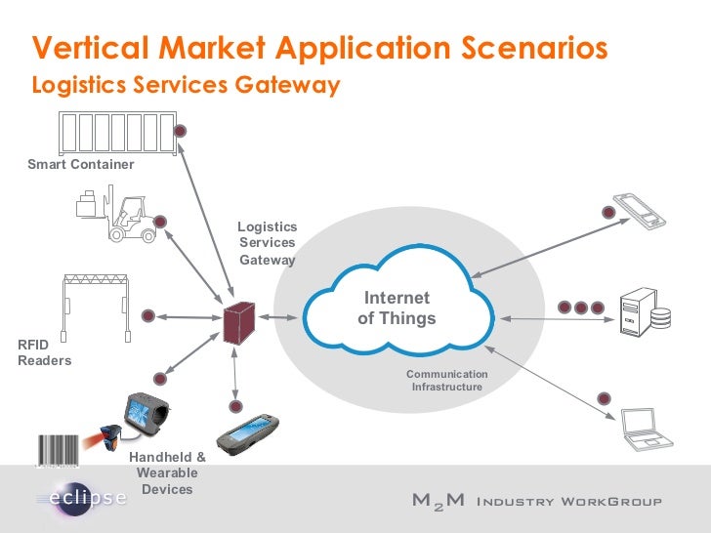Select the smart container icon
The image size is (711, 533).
pyautogui.click(x=116, y=132)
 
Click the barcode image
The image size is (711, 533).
pyautogui.click(x=60, y=450)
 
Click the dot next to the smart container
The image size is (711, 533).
pyautogui.click(x=181, y=131)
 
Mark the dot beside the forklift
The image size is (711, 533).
pyautogui.click(x=160, y=222)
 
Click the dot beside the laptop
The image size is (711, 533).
pyautogui.click(x=605, y=398)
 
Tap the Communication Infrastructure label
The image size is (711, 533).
pyautogui.click(x=446, y=381)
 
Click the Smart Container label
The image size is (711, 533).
pyautogui.click(x=81, y=164)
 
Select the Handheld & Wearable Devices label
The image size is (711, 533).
pyautogui.click(x=167, y=472)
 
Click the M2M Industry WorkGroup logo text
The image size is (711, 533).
pyautogui.click(x=536, y=502)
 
